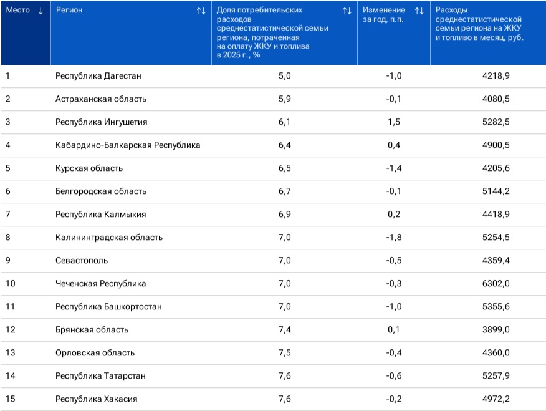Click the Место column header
17,10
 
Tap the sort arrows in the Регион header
201,11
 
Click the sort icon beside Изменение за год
419,11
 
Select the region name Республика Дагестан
98,76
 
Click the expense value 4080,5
496,99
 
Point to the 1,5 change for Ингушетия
394,122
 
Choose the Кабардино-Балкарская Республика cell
128,145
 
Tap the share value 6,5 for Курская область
284,168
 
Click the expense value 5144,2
496,191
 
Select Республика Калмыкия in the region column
100,214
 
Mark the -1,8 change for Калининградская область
394,237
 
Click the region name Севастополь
82,261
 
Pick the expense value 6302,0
496,284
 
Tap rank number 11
11,306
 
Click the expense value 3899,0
496,329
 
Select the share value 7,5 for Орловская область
284,352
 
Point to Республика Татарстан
100,376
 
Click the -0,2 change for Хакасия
394,399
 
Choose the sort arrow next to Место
41,11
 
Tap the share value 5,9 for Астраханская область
284,99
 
